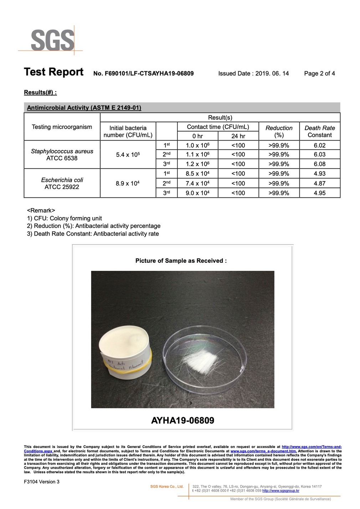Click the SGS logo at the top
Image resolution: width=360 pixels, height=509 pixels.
52,40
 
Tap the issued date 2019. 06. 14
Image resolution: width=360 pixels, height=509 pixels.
272,73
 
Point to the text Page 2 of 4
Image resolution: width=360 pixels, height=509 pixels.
319,73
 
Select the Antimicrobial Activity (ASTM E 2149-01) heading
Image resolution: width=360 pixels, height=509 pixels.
84,108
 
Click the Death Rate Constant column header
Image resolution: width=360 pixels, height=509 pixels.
320,131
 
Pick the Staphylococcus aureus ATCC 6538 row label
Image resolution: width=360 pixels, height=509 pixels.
62,154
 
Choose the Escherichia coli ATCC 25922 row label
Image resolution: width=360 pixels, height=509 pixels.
62,183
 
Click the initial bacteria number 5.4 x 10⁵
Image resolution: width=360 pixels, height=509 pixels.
128,155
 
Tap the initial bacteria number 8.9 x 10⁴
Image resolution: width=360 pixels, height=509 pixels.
128,184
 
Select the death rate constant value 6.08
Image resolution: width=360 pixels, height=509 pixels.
320,164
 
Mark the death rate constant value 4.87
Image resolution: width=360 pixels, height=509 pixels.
320,183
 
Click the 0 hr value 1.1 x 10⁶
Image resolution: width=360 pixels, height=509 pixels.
197,154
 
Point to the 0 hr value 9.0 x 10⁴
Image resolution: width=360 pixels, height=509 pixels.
197,193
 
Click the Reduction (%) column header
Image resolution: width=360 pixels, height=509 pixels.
279,131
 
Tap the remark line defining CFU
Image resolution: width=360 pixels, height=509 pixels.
65,218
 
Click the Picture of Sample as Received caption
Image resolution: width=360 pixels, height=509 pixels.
181,261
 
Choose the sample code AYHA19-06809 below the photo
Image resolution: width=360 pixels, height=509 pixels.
182,420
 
